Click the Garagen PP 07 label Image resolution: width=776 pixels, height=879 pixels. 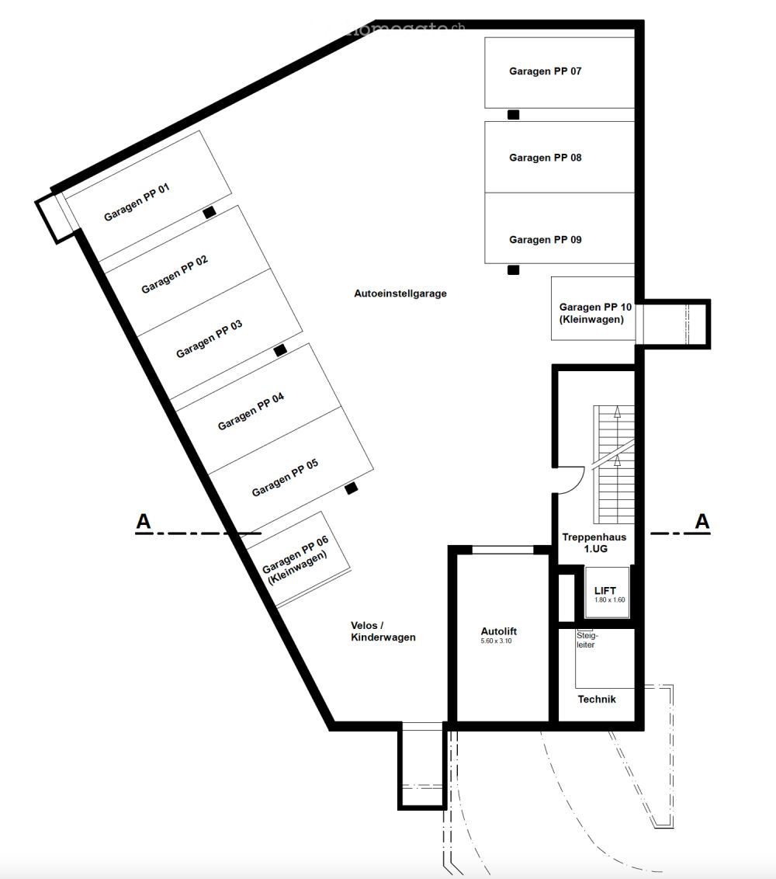[x=545, y=71]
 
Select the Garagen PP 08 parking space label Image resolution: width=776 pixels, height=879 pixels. [x=545, y=158]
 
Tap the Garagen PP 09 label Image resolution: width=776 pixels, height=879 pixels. [x=545, y=240]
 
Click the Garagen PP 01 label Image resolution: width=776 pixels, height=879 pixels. [x=137, y=202]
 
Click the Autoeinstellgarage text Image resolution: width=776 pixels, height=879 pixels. [x=400, y=294]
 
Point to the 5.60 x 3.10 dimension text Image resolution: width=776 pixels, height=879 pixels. [x=497, y=641]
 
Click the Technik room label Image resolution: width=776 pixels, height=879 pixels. [x=597, y=699]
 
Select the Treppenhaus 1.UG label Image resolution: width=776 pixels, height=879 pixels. [x=594, y=542]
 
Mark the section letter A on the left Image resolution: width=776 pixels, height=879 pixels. [x=144, y=522]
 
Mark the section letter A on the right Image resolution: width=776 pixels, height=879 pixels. [x=702, y=522]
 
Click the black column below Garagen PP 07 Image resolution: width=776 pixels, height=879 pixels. [x=513, y=115]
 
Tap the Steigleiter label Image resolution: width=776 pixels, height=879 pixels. [x=586, y=639]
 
